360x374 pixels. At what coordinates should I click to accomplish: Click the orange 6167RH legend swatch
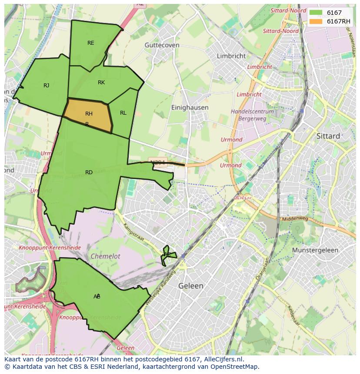click(x=316, y=21)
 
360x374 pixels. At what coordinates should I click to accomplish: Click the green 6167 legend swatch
click(x=316, y=13)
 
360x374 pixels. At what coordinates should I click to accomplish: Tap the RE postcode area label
click(x=90, y=43)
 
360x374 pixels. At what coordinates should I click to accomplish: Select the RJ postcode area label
click(x=46, y=85)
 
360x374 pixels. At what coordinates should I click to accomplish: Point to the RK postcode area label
click(x=101, y=83)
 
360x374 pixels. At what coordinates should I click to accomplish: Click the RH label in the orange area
click(x=89, y=114)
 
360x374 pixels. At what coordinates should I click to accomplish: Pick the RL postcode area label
click(x=123, y=113)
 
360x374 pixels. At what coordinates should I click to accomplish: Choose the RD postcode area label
click(x=89, y=172)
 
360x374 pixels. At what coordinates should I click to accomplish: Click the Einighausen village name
click(x=190, y=107)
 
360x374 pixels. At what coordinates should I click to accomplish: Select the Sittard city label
click(x=328, y=136)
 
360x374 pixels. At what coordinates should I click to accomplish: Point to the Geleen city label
click(x=191, y=286)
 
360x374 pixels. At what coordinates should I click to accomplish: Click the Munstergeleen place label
click(x=315, y=250)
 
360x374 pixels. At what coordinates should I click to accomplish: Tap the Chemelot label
click(x=105, y=256)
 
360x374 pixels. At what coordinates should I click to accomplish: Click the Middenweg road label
click(x=295, y=218)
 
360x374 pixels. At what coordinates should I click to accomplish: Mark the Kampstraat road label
click(x=133, y=233)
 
